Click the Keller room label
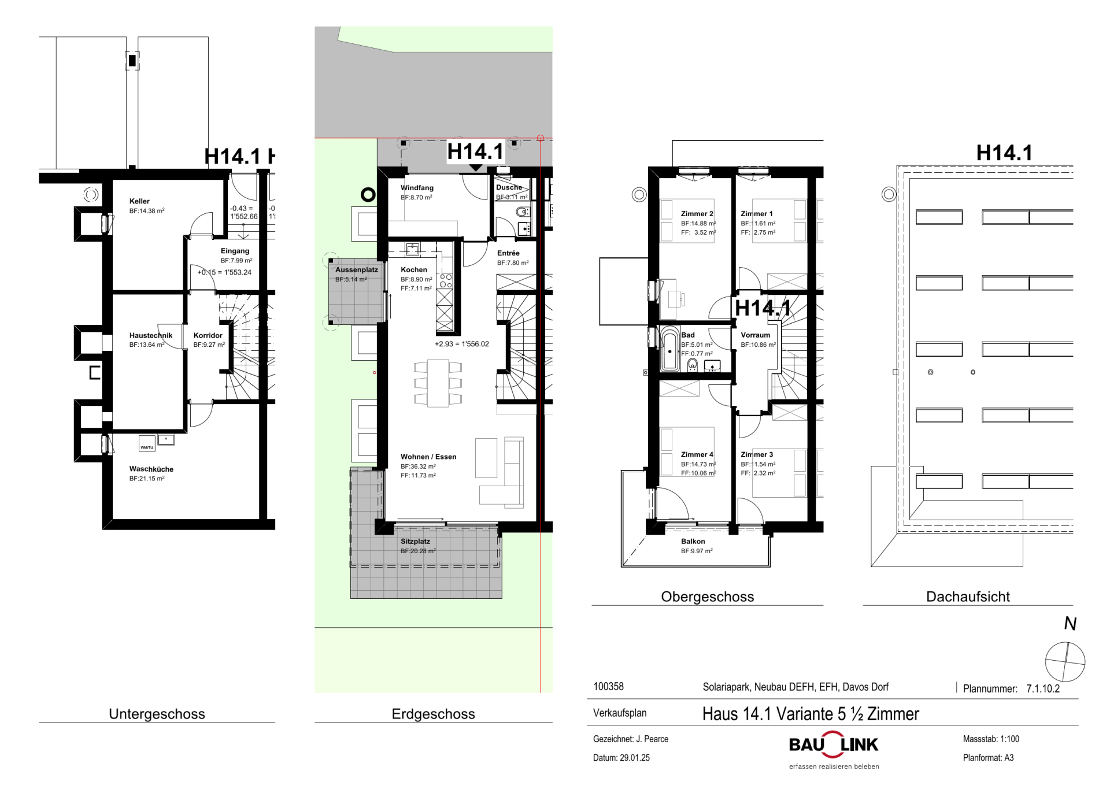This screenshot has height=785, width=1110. pyautogui.click(x=139, y=201)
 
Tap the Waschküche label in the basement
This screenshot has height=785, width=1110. pyautogui.click(x=151, y=469)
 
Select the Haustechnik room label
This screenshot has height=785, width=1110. pyautogui.click(x=150, y=335)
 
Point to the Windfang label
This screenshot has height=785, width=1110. pyautogui.click(x=417, y=188)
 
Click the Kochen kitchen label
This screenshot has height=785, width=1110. pyautogui.click(x=414, y=269)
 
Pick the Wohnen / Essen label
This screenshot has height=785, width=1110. pyautogui.click(x=428, y=457)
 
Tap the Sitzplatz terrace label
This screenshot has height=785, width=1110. pyautogui.click(x=415, y=542)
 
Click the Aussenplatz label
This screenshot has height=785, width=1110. pyautogui.click(x=357, y=270)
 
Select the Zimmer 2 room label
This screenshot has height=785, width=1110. pyautogui.click(x=697, y=214)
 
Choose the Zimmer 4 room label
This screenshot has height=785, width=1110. pyautogui.click(x=697, y=455)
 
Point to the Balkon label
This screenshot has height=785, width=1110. pyautogui.click(x=693, y=542)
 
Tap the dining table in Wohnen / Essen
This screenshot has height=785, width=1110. pyautogui.click(x=438, y=383)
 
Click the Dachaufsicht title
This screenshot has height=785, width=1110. pyautogui.click(x=968, y=597)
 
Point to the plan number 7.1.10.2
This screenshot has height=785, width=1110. pyautogui.click(x=1043, y=688)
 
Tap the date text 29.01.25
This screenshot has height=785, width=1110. pyautogui.click(x=635, y=758)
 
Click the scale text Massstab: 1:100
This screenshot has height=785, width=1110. pyautogui.click(x=991, y=739)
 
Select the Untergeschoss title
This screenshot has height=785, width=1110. pyautogui.click(x=157, y=714)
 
